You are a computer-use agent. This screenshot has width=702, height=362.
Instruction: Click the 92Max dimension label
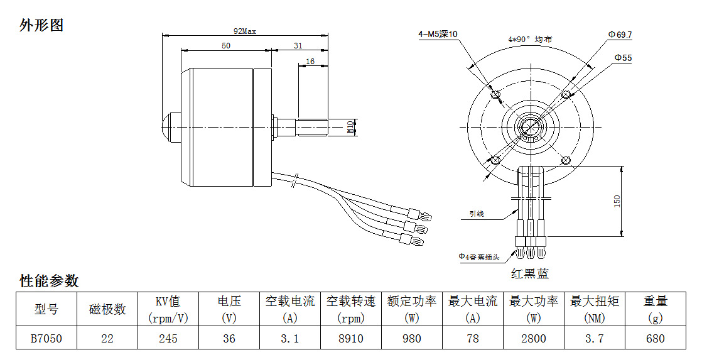245,30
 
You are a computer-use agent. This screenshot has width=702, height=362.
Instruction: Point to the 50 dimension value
226,45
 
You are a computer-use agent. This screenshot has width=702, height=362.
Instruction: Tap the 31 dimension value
298,45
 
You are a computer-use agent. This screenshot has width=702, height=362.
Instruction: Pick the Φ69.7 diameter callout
620,35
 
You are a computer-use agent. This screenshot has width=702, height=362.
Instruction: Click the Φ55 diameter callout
623,58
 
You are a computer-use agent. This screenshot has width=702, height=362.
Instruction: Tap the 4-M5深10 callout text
438,35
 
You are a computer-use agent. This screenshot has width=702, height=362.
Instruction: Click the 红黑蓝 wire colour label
530,274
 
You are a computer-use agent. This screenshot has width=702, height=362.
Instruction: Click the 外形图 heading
41,26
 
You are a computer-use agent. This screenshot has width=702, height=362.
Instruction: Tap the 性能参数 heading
49,280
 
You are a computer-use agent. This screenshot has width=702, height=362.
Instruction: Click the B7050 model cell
46,339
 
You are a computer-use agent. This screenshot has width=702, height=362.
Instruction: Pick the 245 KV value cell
168,339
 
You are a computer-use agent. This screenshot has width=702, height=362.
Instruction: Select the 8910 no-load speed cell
351,339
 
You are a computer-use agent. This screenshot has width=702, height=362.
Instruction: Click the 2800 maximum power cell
534,339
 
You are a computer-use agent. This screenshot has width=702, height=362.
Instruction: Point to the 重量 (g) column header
655,309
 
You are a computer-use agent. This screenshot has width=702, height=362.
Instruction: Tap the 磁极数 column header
107,309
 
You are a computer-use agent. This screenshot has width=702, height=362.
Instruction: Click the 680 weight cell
655,339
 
